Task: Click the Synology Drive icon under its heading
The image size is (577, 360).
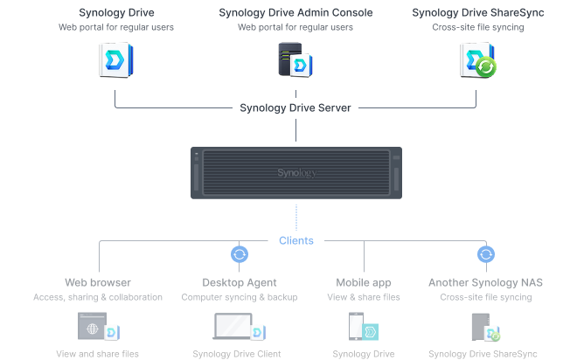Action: (116, 60)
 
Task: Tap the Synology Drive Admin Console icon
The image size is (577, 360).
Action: (295, 60)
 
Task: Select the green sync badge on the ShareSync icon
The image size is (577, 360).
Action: (486, 67)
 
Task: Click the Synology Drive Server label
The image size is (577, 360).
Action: (295, 107)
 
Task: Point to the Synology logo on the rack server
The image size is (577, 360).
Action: (296, 172)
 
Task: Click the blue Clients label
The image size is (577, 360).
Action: (296, 240)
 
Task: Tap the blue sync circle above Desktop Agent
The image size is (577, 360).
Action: (240, 254)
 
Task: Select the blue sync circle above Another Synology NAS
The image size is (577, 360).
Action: (486, 254)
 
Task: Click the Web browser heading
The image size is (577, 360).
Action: (98, 282)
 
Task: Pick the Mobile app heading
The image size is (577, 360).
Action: (364, 282)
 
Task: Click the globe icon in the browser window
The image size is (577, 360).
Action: (93, 329)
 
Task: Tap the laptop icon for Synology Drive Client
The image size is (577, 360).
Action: (233, 326)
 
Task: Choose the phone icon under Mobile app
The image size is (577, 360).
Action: (356, 326)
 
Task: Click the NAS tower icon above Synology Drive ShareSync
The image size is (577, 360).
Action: (481, 327)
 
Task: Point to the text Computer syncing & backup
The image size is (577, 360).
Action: (240, 297)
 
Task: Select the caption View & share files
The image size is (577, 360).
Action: (364, 297)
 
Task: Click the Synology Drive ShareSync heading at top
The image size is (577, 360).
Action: (478, 12)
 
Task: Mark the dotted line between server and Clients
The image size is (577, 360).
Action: (296, 218)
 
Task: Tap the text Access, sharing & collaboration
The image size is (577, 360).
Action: (98, 297)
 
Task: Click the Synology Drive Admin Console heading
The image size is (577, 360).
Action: (295, 12)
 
